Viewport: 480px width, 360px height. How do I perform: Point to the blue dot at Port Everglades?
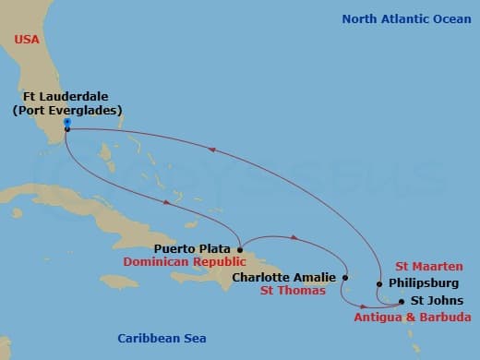tap(67, 122)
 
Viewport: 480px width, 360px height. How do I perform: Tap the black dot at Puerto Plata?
tap(240, 248)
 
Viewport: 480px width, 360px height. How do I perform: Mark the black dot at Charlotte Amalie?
tap(345, 276)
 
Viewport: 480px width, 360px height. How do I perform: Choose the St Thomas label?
tap(293, 292)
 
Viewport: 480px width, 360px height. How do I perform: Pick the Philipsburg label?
tap(422, 283)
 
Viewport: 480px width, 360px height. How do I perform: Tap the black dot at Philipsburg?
tap(379, 284)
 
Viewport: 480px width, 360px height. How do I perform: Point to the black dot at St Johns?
tap(401, 300)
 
